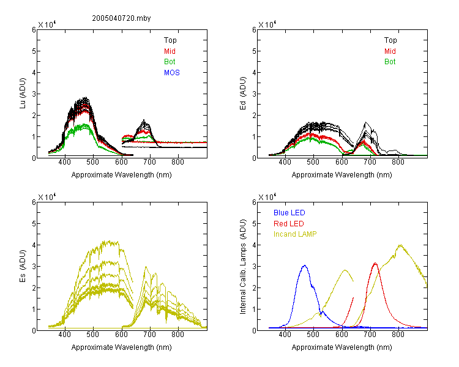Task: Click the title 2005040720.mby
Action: tap(121, 18)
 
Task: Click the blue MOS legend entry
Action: tap(172, 73)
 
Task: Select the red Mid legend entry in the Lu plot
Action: tap(170, 51)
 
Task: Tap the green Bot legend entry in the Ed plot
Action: tap(390, 62)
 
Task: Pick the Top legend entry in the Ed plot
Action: tap(390, 40)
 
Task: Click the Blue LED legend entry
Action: tap(289, 213)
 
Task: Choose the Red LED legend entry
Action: tap(289, 224)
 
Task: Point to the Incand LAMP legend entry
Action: tap(295, 234)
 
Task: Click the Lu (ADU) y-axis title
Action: tap(23, 93)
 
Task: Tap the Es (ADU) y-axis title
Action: tap(23, 265)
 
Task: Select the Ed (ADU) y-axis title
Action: tap(243, 94)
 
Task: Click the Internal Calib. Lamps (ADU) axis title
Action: tap(243, 267)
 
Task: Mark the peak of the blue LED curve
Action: tap(305, 265)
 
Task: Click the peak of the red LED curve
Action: tap(375, 264)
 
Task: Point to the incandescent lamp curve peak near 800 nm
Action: tap(400, 245)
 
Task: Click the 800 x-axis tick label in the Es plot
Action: tap(177, 335)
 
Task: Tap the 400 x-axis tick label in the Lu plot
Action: tap(65, 162)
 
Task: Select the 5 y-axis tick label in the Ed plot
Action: tap(254, 51)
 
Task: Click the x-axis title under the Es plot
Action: tap(122, 347)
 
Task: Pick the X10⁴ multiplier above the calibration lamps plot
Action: tap(267, 197)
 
